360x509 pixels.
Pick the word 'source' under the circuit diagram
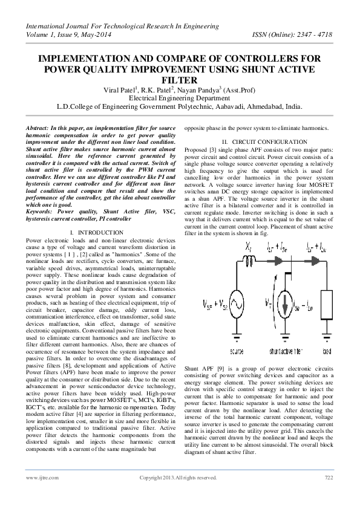tap(237, 351)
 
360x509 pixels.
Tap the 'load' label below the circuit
tap(327, 351)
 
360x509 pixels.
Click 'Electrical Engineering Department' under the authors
tap(180, 98)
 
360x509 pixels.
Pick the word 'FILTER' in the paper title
tap(180, 80)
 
